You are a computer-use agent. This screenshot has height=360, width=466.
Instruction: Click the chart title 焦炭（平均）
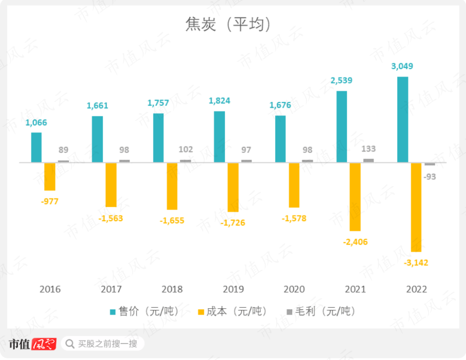pyautogui.click(x=228, y=25)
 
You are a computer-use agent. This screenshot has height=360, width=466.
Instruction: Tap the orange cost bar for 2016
pyautogui.click(x=50, y=177)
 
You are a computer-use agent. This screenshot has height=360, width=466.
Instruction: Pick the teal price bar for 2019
pyautogui.click(x=219, y=137)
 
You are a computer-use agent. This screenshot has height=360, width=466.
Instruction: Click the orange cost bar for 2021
pyautogui.click(x=355, y=197)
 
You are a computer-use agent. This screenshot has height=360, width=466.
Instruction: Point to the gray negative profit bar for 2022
pyautogui.click(x=430, y=164)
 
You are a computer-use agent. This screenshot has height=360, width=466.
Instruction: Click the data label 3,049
pyautogui.click(x=402, y=66)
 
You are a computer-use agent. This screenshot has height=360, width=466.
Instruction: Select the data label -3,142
pyautogui.click(x=416, y=262)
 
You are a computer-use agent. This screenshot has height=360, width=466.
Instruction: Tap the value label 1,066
pyautogui.click(x=36, y=123)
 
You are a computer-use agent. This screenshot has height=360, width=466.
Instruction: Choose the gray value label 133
pyautogui.click(x=368, y=149)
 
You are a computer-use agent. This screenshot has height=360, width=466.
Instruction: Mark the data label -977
pyautogui.click(x=50, y=201)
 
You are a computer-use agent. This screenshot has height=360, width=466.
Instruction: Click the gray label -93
pyautogui.click(x=430, y=177)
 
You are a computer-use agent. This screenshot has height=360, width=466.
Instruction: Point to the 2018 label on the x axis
pyautogui.click(x=172, y=289)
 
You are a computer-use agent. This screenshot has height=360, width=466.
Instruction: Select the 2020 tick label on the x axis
pyautogui.click(x=294, y=289)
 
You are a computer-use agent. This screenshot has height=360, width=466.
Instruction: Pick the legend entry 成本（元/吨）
pyautogui.click(x=232, y=311)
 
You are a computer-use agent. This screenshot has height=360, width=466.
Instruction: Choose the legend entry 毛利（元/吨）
pyautogui.click(x=321, y=311)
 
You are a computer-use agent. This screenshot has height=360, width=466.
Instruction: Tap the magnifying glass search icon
pyautogui.click(x=69, y=344)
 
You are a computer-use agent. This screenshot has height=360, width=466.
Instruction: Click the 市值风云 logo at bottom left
pyautogui.click(x=33, y=344)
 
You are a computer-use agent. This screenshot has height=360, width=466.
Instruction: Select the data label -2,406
pyautogui.click(x=355, y=242)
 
